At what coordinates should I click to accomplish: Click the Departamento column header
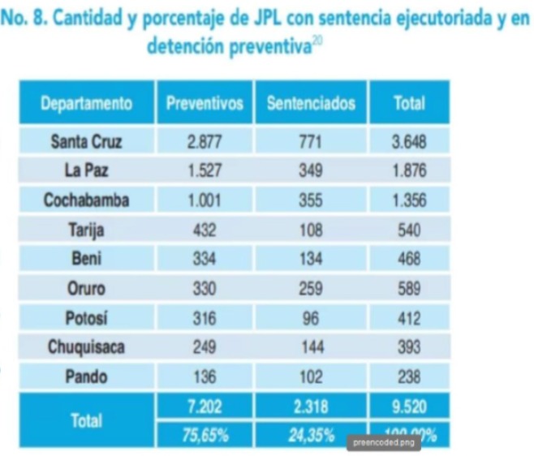(86, 103)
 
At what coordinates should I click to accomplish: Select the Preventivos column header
(205, 103)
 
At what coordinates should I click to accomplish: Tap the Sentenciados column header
(311, 103)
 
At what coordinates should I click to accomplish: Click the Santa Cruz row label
(86, 142)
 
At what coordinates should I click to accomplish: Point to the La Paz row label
(86, 171)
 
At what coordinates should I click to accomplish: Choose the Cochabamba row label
(86, 200)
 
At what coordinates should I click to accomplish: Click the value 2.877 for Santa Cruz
(205, 142)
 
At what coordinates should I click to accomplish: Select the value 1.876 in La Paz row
(409, 171)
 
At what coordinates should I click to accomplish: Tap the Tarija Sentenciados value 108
(311, 230)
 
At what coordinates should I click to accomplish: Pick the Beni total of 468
(409, 259)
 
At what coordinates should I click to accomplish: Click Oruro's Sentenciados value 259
(311, 288)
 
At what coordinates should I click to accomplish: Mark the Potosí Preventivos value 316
(205, 317)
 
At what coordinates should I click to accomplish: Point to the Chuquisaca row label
(86, 347)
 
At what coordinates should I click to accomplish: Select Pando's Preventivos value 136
(205, 376)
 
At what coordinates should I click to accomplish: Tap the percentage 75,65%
(205, 436)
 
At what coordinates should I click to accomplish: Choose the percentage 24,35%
(311, 436)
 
